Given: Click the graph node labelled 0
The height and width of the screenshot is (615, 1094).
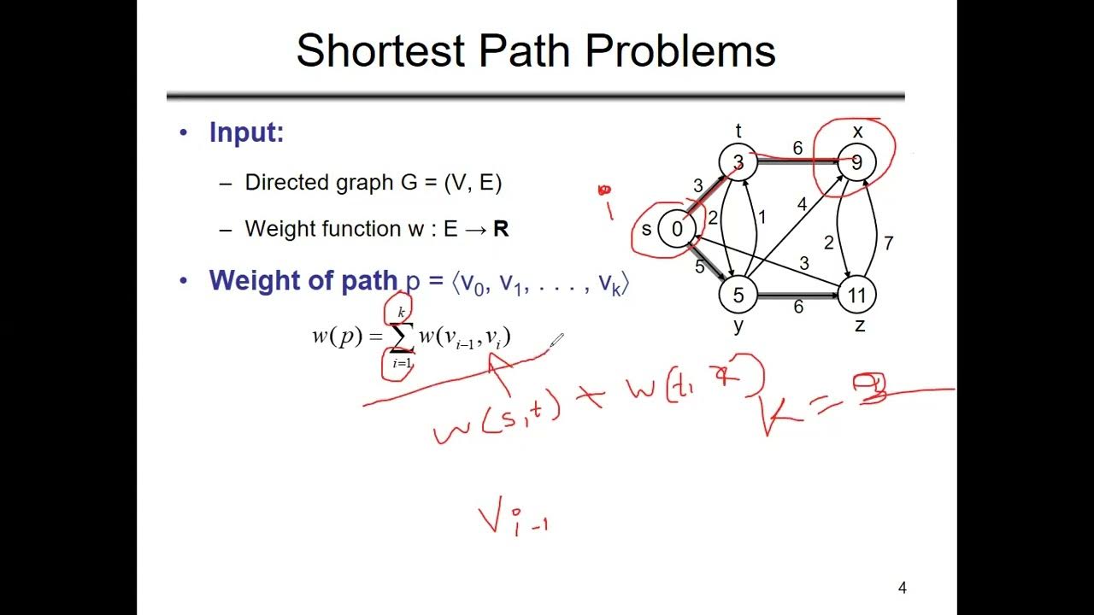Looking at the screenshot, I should [x=677, y=229].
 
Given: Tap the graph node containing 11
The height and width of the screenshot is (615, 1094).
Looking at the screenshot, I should [x=856, y=296].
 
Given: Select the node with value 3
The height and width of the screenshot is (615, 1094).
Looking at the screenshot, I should [x=738, y=162].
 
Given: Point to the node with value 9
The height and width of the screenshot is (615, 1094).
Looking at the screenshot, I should [x=856, y=162].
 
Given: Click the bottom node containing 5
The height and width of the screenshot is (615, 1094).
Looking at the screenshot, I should [x=738, y=296].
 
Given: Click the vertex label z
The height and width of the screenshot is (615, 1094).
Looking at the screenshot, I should [x=859, y=325].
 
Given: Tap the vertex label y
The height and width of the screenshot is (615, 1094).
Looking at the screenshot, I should [x=738, y=327].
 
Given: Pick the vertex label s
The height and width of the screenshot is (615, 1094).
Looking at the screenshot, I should [x=646, y=229].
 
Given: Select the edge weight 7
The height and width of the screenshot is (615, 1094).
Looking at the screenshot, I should [x=889, y=243].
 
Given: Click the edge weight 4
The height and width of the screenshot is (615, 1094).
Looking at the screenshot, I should [x=802, y=204].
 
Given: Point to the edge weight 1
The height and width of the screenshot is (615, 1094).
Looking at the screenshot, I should [x=762, y=217].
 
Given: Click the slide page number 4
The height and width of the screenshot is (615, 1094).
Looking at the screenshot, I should [x=902, y=588].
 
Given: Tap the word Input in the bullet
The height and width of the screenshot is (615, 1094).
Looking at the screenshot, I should [x=246, y=132].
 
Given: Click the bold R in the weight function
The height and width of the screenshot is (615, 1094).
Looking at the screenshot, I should [x=501, y=229].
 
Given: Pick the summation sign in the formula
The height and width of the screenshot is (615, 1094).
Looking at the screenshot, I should [x=401, y=338].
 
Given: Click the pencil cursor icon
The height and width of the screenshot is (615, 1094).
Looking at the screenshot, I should [x=556, y=342].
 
